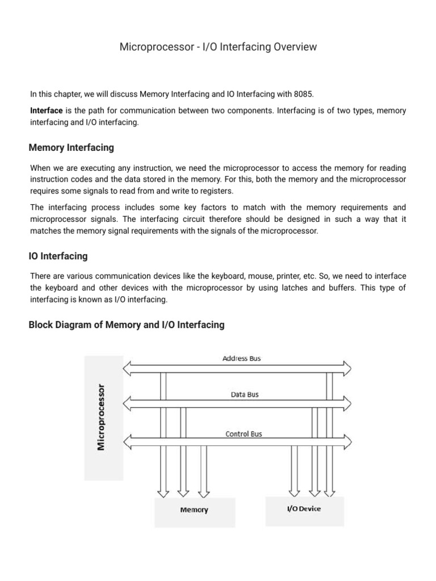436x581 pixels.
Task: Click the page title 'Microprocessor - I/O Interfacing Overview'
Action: (218, 48)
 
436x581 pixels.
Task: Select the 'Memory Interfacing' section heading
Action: (71, 148)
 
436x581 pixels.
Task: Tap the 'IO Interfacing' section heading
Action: (58, 256)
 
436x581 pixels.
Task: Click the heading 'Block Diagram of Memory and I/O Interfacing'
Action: (126, 325)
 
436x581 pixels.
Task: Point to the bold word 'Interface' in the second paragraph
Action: (46, 111)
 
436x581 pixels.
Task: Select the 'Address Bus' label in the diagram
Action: (241, 359)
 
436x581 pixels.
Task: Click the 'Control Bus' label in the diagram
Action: (244, 434)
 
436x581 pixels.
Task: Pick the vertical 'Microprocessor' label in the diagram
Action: (102, 416)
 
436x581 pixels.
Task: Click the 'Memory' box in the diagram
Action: (194, 510)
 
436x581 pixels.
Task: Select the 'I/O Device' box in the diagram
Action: (303, 508)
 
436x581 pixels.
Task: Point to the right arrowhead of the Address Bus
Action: (345, 367)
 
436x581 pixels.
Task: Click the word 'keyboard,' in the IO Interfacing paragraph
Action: (229, 276)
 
